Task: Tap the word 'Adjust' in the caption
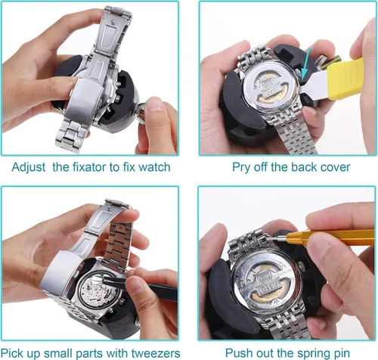click(x=29, y=168)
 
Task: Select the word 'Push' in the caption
click(x=237, y=353)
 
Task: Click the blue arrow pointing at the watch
click(x=305, y=64)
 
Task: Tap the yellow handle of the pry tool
click(x=345, y=78)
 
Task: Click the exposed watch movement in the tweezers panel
click(x=98, y=292)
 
